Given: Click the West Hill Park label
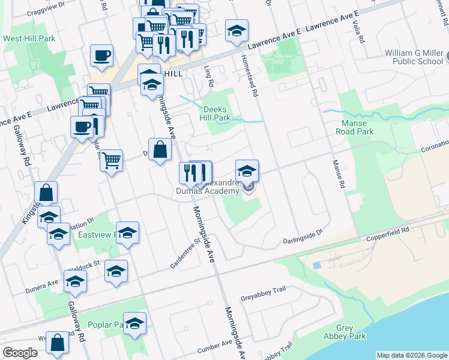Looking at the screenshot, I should (29, 38).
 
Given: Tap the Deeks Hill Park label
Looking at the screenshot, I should (215, 113).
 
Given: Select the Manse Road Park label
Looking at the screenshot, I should (354, 127).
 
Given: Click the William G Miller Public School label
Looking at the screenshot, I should (414, 57).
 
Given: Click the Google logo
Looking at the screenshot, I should (20, 353).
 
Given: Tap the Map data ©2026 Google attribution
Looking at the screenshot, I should (412, 355).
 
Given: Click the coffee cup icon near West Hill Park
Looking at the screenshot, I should (101, 55).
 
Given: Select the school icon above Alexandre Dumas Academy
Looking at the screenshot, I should (247, 170).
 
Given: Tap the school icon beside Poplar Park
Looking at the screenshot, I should (134, 323).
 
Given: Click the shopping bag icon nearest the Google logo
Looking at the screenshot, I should (58, 343).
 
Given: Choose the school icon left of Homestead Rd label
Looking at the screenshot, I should (237, 30).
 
